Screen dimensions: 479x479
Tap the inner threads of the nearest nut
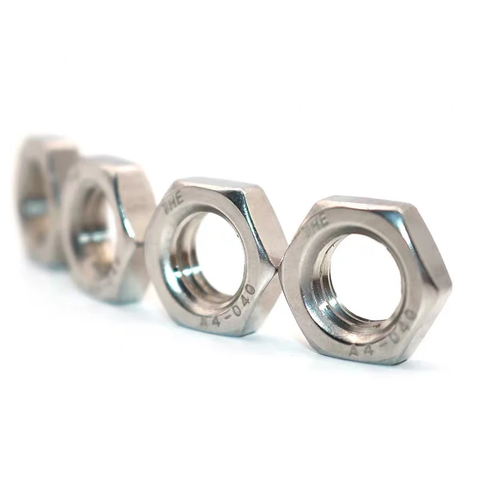click(x=326, y=281)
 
